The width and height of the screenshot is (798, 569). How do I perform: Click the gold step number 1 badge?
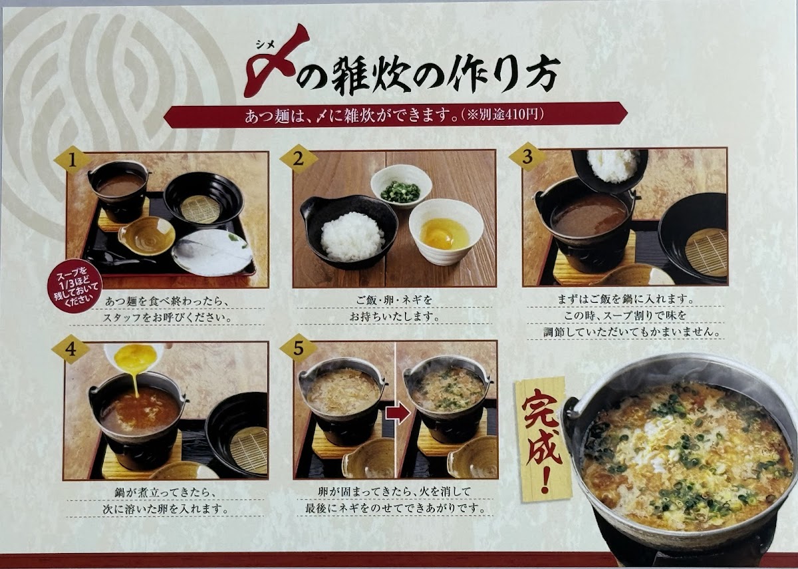(x=72, y=161)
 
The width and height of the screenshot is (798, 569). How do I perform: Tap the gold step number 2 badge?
(x=299, y=158)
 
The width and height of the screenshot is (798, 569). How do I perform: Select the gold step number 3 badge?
(x=527, y=157)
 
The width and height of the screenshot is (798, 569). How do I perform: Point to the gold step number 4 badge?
(x=70, y=349)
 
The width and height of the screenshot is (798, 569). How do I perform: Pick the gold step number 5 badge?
(x=299, y=348)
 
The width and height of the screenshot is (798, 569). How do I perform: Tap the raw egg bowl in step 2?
(x=446, y=231)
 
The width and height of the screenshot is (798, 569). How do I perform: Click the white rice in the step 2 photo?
(x=352, y=236)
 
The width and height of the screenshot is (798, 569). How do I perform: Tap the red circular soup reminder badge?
(x=74, y=288)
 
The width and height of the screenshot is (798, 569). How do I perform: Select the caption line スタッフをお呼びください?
(x=166, y=317)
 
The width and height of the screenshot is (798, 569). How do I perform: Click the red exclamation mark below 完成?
(x=544, y=480)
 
